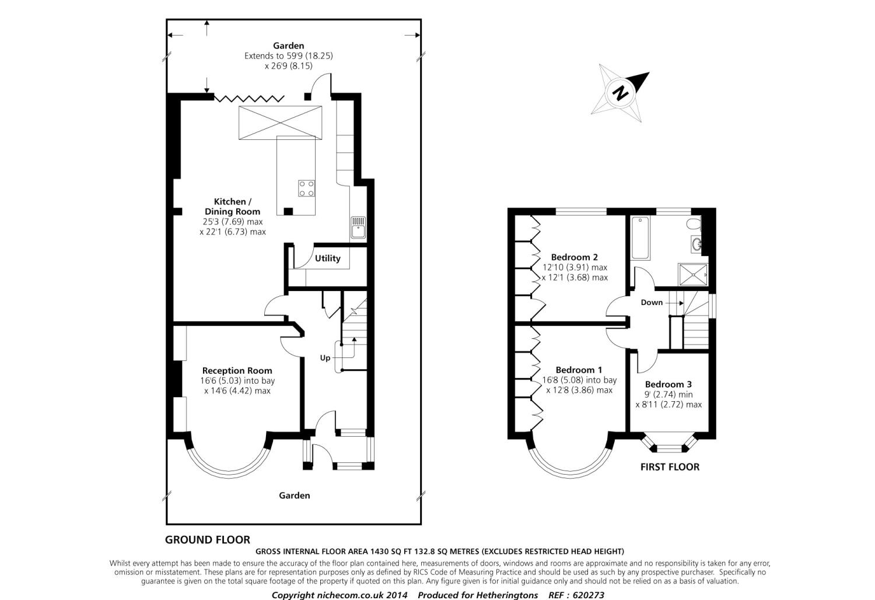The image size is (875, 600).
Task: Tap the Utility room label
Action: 327,258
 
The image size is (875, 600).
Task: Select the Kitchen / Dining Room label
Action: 232,206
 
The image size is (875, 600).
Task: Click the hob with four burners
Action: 307,188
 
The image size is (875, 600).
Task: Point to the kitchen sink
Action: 358,227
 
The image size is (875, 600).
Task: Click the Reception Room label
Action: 237,370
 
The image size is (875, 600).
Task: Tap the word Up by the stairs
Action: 325,357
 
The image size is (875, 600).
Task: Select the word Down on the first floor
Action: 652,302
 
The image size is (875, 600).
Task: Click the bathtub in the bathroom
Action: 640,237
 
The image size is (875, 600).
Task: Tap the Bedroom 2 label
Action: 574,257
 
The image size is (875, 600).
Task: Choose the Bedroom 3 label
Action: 668,384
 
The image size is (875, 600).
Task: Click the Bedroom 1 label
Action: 579,370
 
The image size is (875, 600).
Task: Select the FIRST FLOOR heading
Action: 670,466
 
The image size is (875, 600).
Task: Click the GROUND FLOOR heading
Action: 207,539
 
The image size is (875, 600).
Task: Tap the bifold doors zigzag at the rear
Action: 250,97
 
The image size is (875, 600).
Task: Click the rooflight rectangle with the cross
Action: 280,122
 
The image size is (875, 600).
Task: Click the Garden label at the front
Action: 294,495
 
